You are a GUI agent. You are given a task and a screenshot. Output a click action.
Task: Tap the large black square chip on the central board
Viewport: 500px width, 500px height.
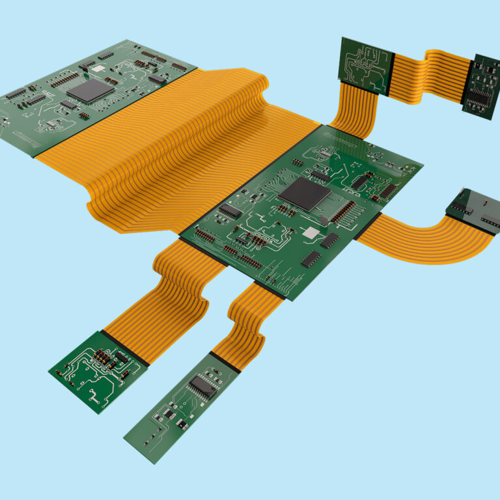click(x=304, y=193)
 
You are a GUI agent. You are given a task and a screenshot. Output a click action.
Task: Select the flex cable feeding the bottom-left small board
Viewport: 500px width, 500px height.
click(x=163, y=293)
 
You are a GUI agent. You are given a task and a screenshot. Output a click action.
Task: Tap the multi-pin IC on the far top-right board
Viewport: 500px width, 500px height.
click(x=480, y=96)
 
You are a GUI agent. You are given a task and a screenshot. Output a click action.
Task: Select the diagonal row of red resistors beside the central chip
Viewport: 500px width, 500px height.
click(x=344, y=211)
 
